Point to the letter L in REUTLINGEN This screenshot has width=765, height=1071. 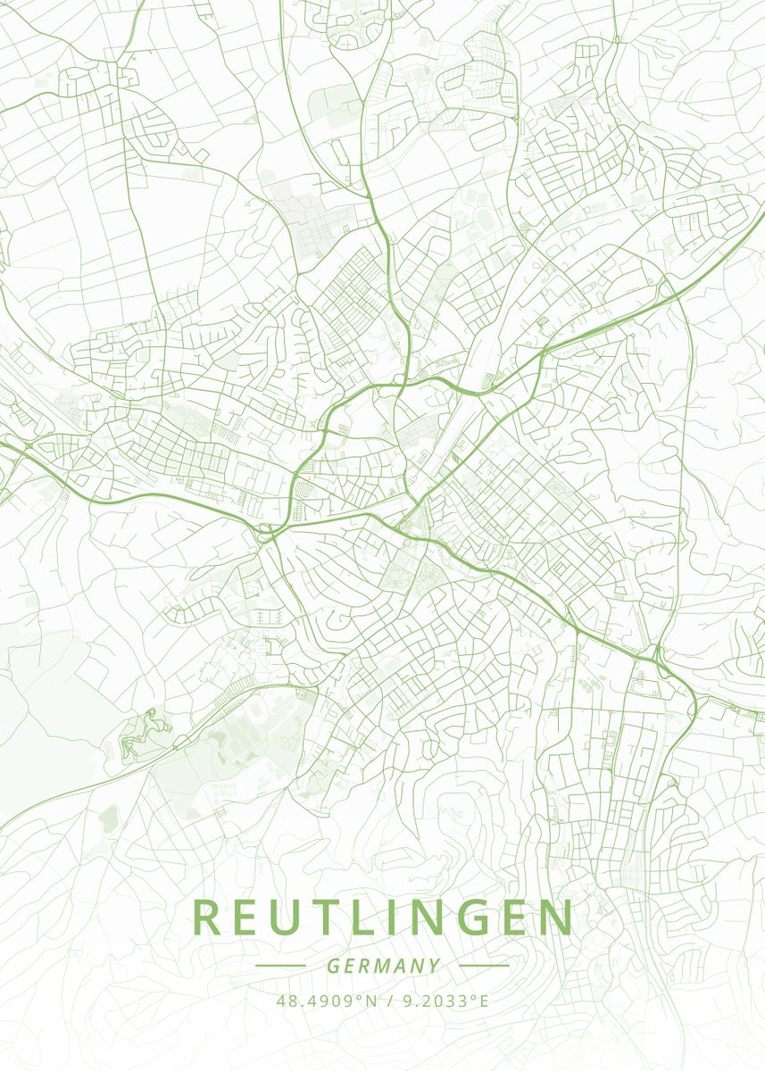coord(366,918)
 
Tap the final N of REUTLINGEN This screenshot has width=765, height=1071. coord(554,918)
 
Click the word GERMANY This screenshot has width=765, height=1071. coord(383,966)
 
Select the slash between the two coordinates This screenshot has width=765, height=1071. coord(391,1000)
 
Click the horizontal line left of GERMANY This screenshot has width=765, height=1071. coord(280,966)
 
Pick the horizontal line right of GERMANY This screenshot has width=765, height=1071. coord(483,966)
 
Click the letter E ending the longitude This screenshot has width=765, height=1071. coord(485,1000)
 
